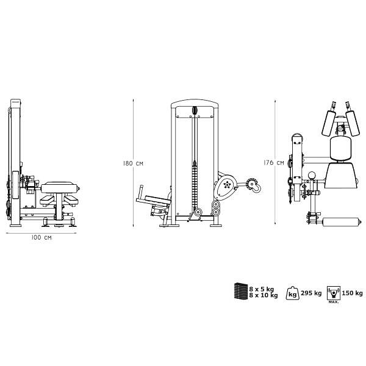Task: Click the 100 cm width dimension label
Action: click(x=41, y=238)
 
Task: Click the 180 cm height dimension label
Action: click(x=133, y=163)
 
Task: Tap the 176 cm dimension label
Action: click(x=274, y=163)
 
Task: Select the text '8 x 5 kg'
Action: click(x=261, y=289)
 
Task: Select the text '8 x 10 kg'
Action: click(x=264, y=295)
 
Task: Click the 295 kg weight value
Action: click(x=311, y=293)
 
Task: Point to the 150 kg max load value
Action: click(x=352, y=293)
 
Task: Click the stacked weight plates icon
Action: click(x=241, y=290)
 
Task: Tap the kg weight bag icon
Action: click(x=292, y=293)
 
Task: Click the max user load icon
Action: click(x=334, y=293)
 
